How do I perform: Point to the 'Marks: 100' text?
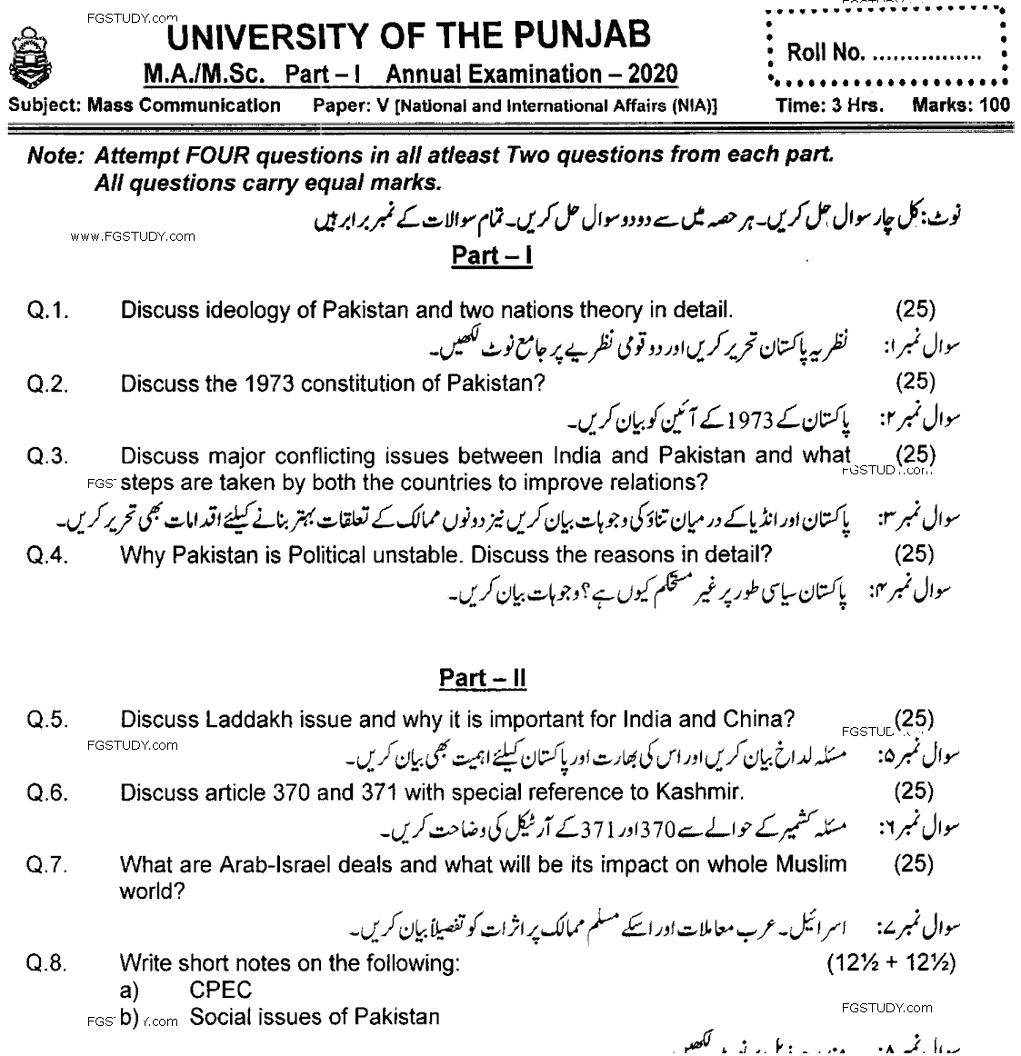(x=960, y=105)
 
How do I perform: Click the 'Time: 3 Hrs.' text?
(x=829, y=105)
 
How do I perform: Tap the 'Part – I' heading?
(x=492, y=255)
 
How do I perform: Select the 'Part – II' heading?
(x=483, y=679)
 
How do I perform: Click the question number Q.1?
(x=49, y=311)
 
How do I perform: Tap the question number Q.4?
(x=49, y=555)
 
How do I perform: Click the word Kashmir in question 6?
(x=697, y=792)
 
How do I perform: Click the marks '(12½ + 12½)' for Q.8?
(x=891, y=964)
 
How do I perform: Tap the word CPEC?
(x=221, y=991)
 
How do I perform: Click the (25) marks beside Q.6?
(x=914, y=791)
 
